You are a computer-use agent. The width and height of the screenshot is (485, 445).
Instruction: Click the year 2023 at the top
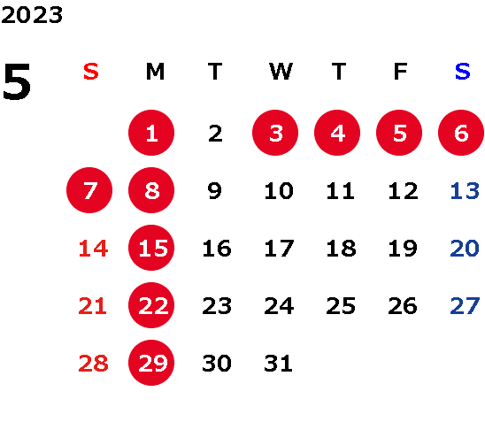click(x=32, y=15)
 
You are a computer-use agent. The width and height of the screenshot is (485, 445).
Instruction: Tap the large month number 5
click(x=17, y=81)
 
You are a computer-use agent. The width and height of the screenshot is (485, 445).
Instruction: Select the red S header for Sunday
click(x=91, y=72)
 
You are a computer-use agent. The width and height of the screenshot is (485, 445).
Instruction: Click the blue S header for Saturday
click(x=463, y=72)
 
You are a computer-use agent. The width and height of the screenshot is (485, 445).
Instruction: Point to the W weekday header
click(x=281, y=72)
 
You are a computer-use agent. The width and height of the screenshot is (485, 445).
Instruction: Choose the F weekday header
click(x=401, y=72)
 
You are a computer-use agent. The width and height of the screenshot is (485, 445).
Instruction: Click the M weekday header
click(x=155, y=72)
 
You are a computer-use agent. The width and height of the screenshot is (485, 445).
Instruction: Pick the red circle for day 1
click(x=151, y=133)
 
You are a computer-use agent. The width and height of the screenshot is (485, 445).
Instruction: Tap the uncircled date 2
click(x=215, y=134)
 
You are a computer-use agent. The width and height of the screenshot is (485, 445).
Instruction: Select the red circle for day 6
click(x=461, y=133)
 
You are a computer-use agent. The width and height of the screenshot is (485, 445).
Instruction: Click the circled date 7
click(x=89, y=190)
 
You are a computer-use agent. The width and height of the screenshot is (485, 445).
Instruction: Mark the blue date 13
click(x=465, y=191)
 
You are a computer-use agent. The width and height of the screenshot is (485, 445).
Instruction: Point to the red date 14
click(x=94, y=249)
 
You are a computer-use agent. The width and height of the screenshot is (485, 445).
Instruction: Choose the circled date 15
click(x=151, y=248)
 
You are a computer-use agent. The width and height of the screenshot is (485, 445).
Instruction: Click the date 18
click(x=341, y=249)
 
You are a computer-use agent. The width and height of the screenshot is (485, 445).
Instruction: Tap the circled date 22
click(x=151, y=305)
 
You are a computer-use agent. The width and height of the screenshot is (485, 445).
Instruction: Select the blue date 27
click(x=465, y=306)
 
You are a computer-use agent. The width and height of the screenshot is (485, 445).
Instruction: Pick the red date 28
click(x=94, y=364)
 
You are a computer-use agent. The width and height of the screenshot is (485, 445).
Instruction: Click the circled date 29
click(x=151, y=363)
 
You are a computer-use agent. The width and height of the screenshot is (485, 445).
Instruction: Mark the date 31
click(x=279, y=364)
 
